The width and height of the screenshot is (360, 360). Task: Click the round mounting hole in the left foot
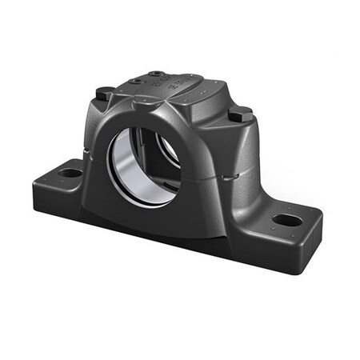click(x=70, y=172)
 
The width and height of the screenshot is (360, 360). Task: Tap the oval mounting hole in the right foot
click(x=286, y=219)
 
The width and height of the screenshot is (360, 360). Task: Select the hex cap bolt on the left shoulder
click(x=104, y=94)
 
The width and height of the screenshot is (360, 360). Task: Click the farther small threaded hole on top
click(x=156, y=74)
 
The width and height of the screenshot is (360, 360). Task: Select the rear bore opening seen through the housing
click(x=169, y=149)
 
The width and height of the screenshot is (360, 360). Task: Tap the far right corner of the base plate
click(x=320, y=214)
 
